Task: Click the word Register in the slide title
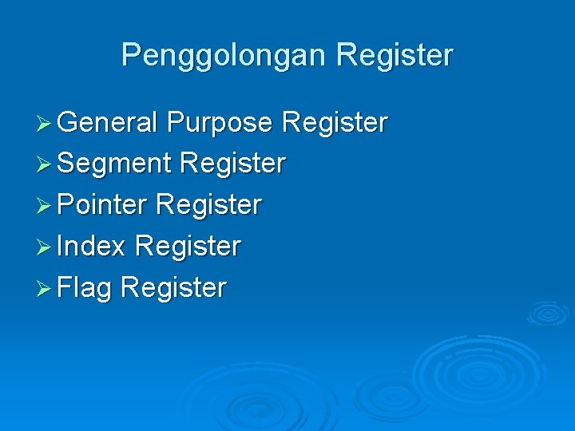pos(395,56)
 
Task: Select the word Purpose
pos(220,123)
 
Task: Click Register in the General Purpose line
pos(335,123)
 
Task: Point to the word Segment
pos(115,164)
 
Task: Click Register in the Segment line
pos(233,164)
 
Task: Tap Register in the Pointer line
pos(209,204)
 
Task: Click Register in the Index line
pos(188,246)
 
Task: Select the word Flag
pos(85,287)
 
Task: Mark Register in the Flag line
pos(174,287)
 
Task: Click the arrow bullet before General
pos(46,124)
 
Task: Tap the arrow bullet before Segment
pos(46,164)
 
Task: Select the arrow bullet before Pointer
pos(46,205)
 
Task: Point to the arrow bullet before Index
pos(46,247)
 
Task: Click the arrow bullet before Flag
pos(46,288)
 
